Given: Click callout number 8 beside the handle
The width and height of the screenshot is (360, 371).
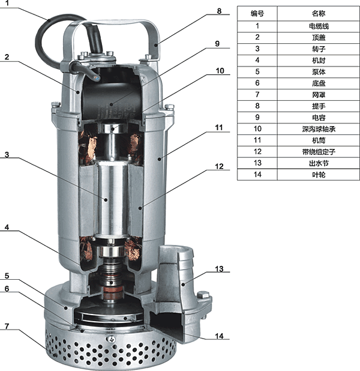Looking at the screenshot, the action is click(219, 11).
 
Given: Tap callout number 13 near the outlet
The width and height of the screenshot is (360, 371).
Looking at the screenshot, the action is click(219, 269).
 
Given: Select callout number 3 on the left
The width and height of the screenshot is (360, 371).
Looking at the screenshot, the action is click(7, 155).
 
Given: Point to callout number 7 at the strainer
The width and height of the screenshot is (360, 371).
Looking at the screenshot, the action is click(7, 327).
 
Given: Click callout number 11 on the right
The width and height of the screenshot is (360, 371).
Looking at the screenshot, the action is click(219, 127).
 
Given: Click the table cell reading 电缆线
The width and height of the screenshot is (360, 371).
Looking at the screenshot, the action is click(319, 26).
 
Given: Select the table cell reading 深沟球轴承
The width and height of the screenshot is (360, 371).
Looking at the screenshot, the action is click(319, 129).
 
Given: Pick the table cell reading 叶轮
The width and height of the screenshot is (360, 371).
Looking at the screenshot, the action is click(319, 175).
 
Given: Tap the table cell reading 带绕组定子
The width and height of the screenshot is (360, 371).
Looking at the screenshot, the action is click(319, 152).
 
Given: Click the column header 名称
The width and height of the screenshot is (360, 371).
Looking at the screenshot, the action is click(319, 13).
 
